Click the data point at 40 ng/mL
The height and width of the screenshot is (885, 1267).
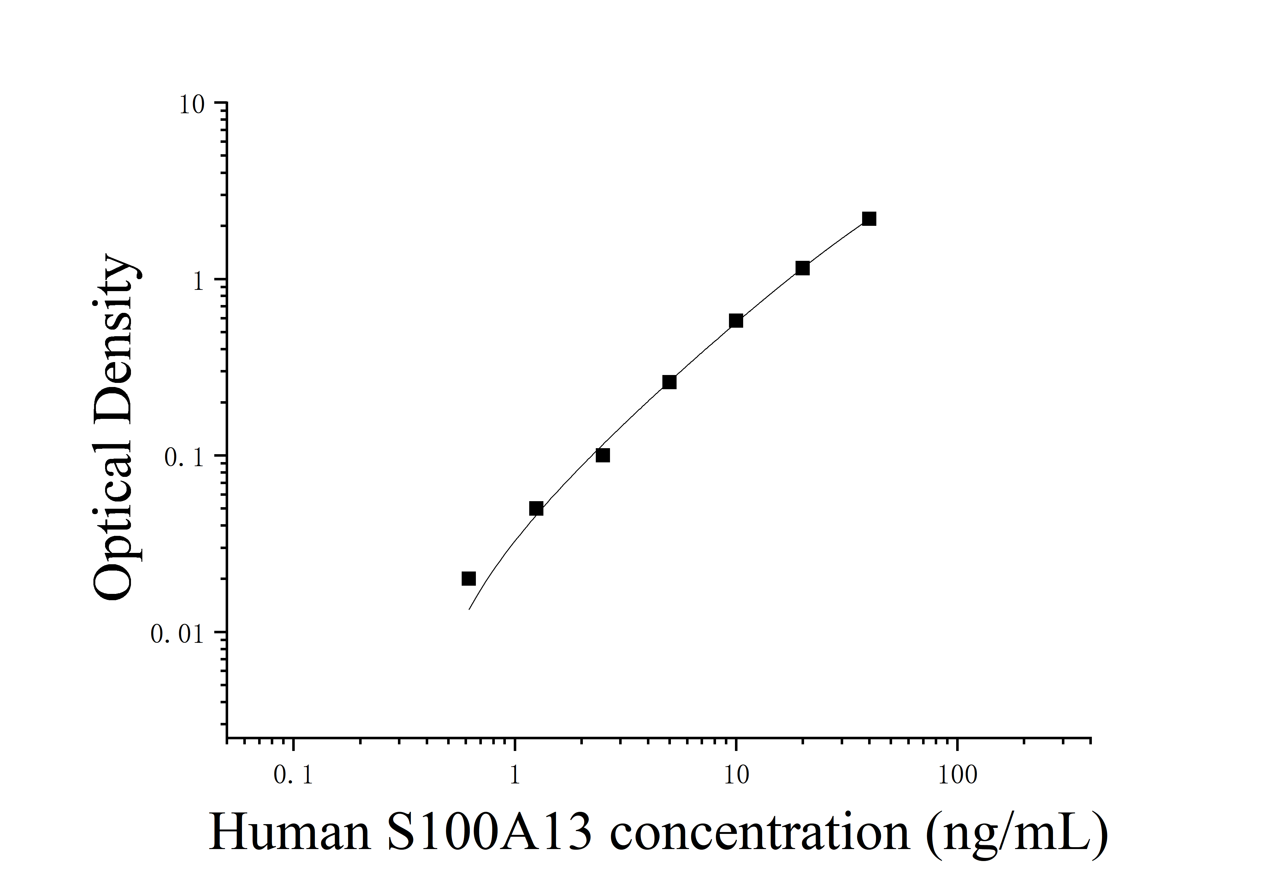pyautogui.click(x=868, y=219)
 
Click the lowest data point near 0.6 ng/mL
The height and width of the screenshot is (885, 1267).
pyautogui.click(x=469, y=578)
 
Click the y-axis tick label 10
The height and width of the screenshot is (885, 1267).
pyautogui.click(x=192, y=105)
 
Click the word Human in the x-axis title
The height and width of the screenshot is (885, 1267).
pyautogui.click(x=290, y=833)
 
